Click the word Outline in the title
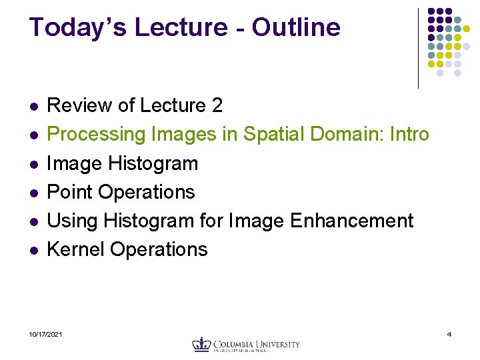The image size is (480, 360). (296, 27)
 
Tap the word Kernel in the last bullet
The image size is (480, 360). (76, 249)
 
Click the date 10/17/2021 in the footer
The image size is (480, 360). (46, 333)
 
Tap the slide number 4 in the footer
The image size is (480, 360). (449, 333)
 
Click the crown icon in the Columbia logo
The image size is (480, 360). (201, 344)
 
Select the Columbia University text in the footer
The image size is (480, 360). (257, 344)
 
